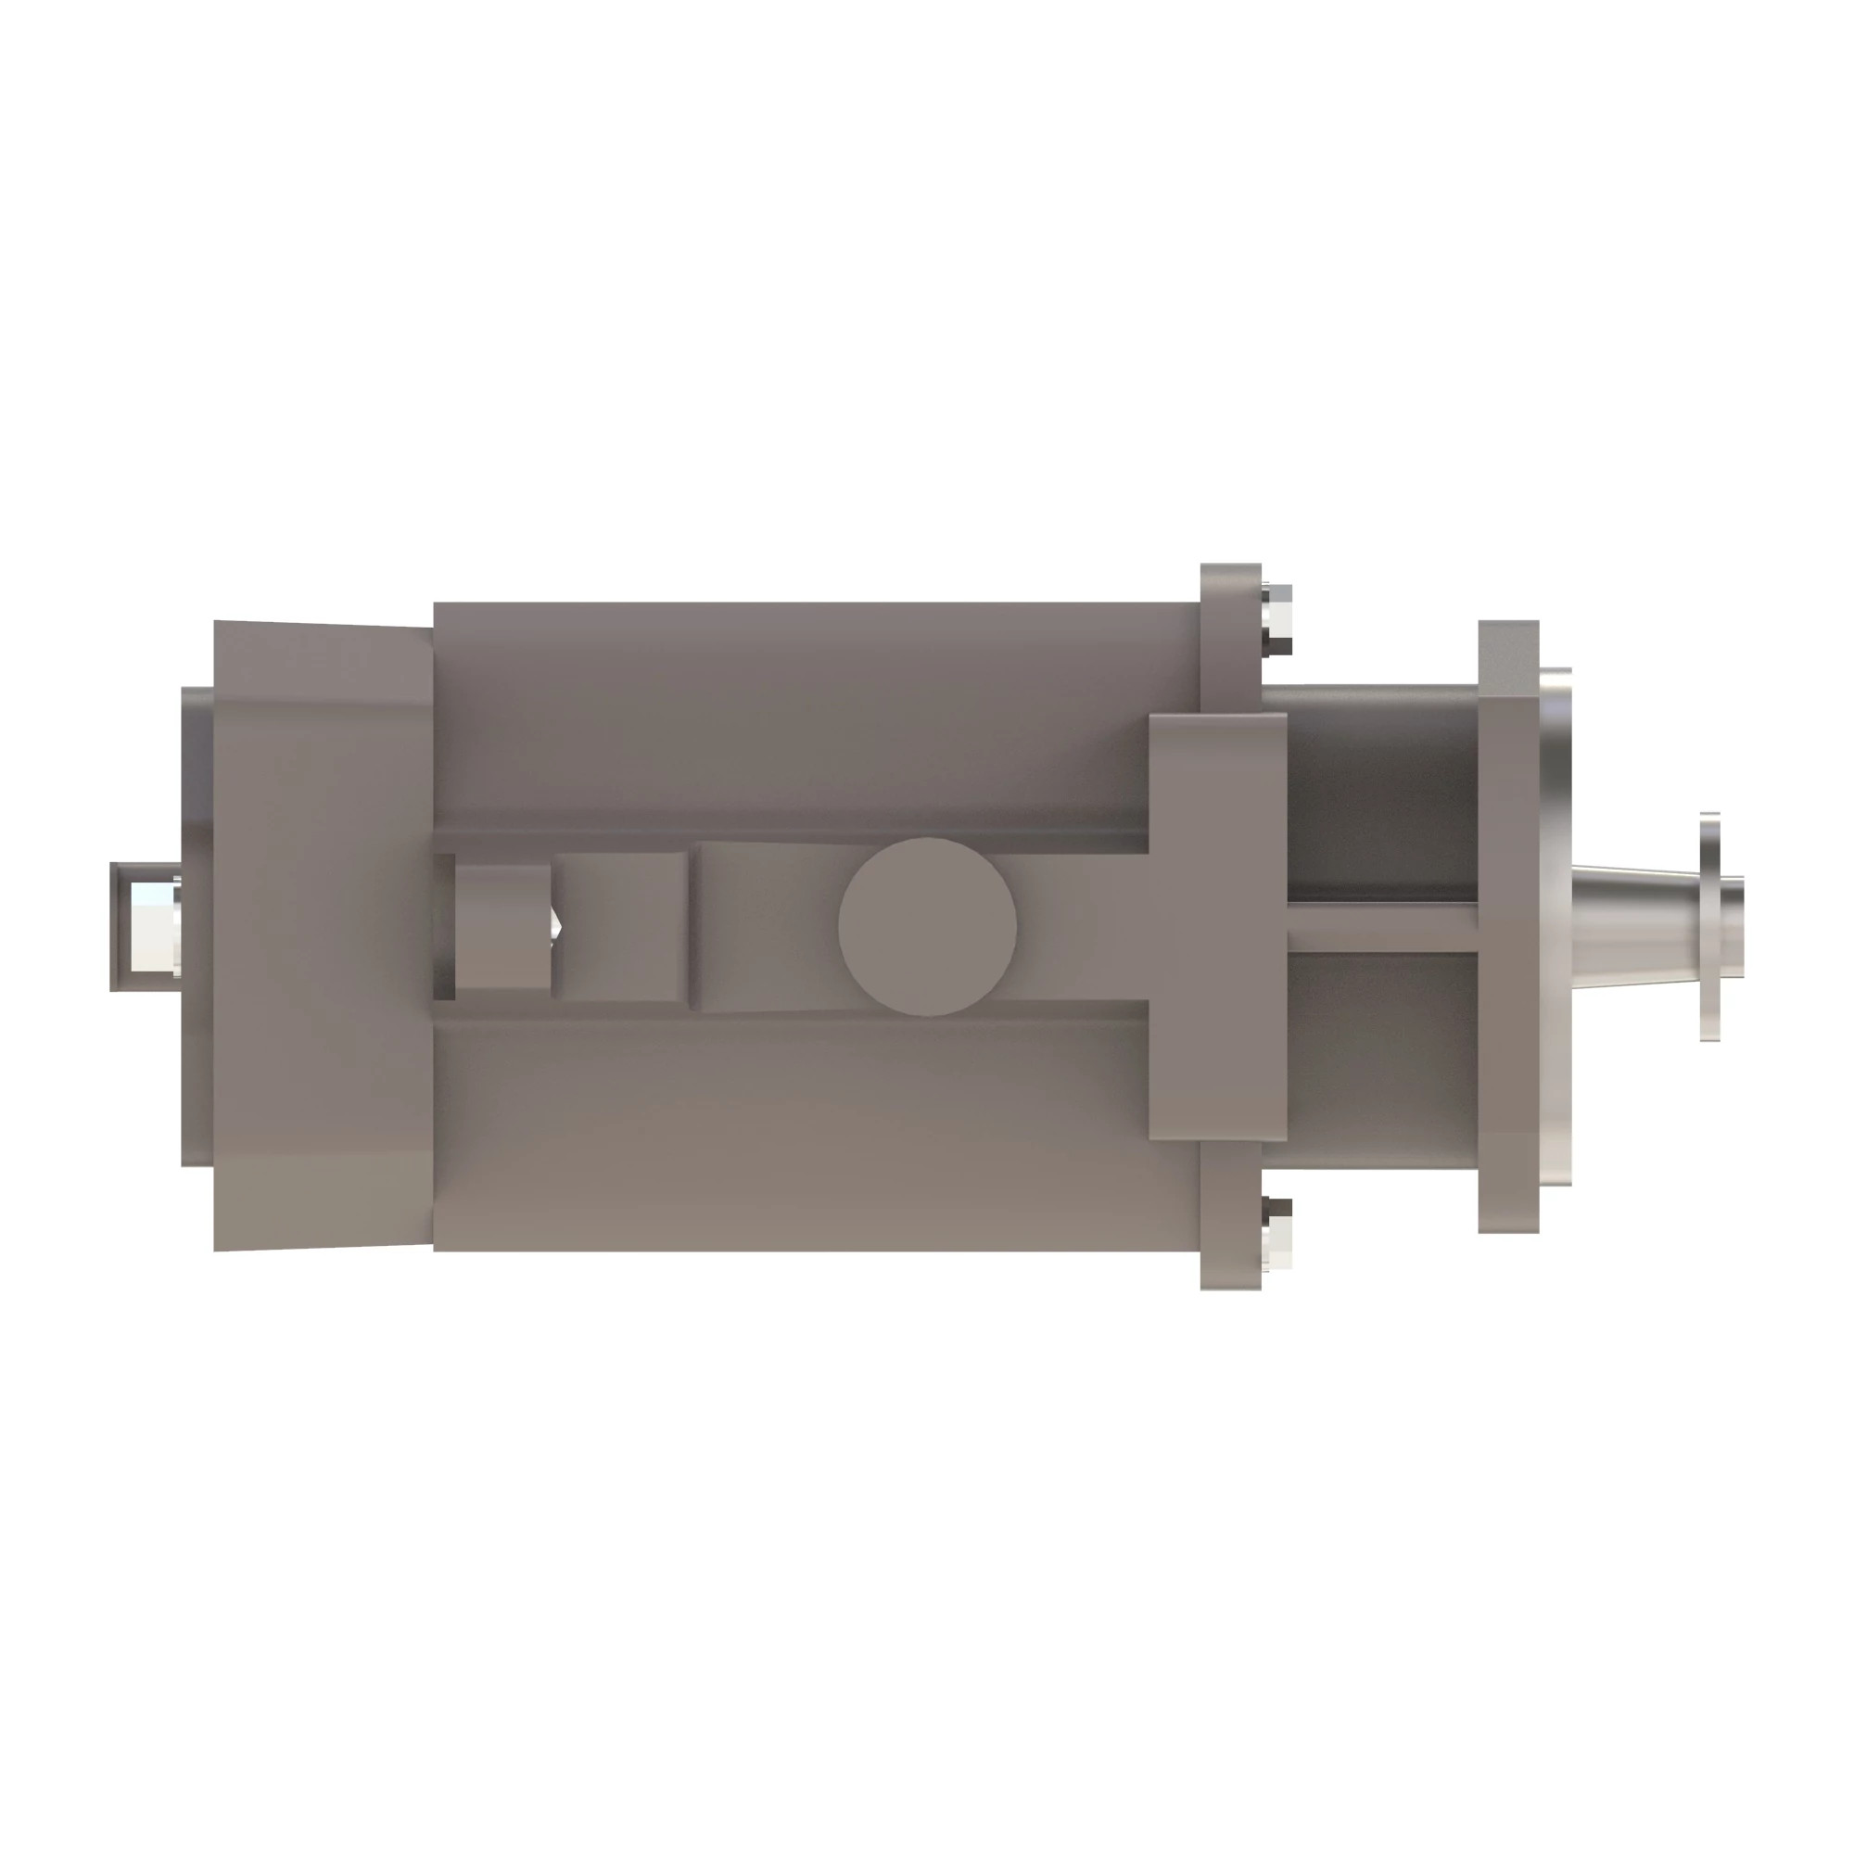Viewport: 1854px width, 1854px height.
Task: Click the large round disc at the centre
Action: click(927, 926)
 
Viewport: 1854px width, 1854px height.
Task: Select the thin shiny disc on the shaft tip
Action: click(1709, 926)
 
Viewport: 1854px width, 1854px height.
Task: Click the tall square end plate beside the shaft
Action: click(1508, 926)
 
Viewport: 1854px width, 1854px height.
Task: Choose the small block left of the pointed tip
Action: click(502, 925)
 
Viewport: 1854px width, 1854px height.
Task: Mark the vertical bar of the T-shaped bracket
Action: click(1217, 926)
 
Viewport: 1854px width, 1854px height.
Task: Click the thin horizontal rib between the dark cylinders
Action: click(1382, 928)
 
